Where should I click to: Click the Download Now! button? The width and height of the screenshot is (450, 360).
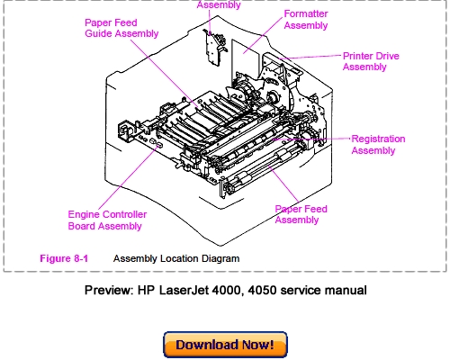tap(225, 345)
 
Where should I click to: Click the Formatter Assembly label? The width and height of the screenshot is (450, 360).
tap(306, 20)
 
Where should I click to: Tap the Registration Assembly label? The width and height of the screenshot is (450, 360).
tap(378, 145)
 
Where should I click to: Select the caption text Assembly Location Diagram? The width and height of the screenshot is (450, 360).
tap(176, 258)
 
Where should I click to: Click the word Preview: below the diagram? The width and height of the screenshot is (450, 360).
tap(109, 291)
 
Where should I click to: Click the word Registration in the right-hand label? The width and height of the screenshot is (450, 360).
tap(378, 139)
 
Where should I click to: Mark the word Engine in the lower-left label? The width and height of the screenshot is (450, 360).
tap(85, 214)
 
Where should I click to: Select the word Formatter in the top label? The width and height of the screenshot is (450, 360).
tap(306, 14)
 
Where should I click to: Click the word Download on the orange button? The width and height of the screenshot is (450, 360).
tap(206, 345)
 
